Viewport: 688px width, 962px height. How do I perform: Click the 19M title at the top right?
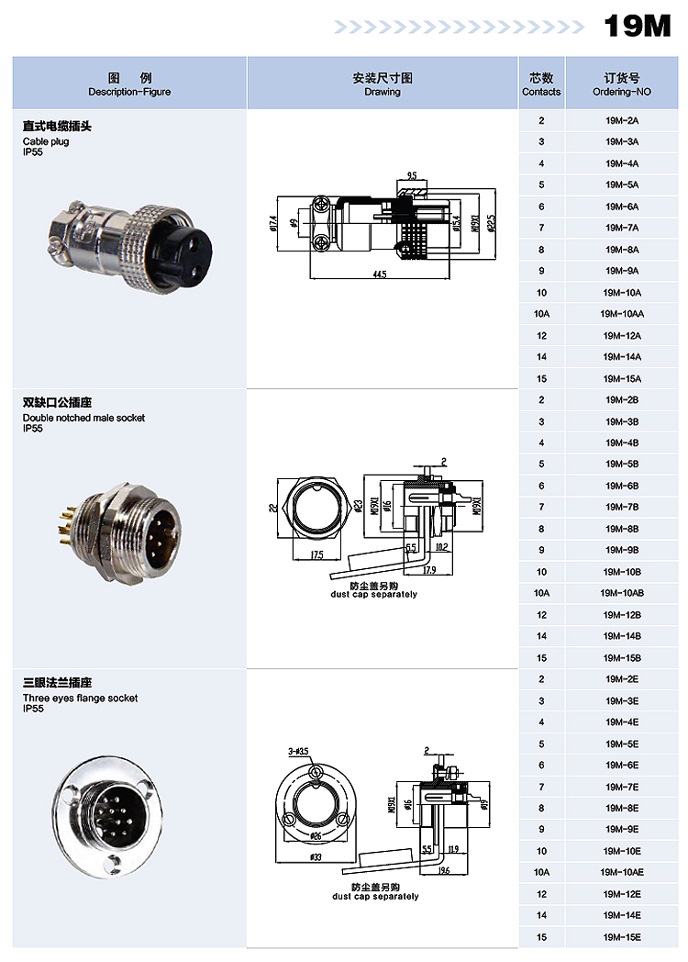click(637, 27)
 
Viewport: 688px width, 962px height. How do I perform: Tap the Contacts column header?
click(541, 84)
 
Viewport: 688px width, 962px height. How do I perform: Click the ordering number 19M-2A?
click(621, 120)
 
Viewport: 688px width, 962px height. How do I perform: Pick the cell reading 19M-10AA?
click(621, 314)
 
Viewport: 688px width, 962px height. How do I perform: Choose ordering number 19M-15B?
click(621, 657)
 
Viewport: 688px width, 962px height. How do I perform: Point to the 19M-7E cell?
click(621, 787)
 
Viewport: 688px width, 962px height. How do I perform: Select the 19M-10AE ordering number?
click(621, 872)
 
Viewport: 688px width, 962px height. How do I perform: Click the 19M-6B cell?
click(621, 486)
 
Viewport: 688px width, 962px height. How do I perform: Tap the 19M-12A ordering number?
click(621, 336)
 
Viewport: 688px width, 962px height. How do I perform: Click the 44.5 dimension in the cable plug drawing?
click(379, 274)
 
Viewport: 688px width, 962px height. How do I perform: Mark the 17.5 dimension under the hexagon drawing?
click(316, 555)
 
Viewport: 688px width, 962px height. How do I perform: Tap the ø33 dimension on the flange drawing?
click(316, 857)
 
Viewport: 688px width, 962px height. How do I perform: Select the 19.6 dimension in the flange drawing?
click(443, 870)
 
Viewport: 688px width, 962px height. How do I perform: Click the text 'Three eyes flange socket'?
click(80, 698)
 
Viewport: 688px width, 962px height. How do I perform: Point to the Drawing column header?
click(383, 84)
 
